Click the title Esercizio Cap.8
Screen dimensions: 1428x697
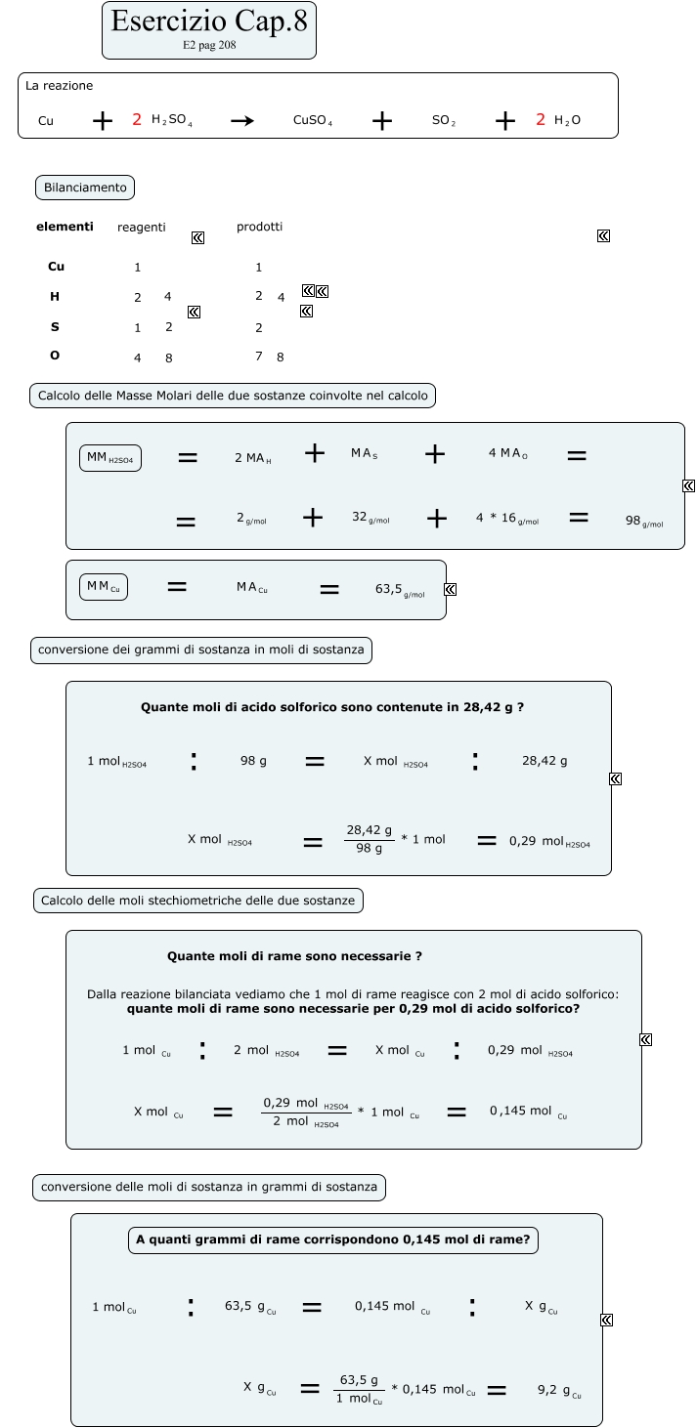209,21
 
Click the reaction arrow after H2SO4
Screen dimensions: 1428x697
242,121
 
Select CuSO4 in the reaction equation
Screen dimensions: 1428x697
313,121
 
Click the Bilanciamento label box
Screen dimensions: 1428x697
85,187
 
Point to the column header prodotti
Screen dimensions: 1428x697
259,227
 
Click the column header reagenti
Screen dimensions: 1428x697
142,228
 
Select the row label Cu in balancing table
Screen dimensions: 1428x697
56,267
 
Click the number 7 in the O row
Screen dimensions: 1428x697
259,357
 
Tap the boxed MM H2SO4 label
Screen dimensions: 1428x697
110,458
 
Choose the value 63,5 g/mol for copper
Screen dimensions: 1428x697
400,590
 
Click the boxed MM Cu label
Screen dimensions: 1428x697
104,586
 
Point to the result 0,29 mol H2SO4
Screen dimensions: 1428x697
548,841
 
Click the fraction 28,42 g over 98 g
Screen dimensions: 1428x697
369,839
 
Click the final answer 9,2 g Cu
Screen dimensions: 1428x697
560,1390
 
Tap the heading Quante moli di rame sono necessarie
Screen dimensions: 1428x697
294,956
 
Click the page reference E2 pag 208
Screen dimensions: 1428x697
209,45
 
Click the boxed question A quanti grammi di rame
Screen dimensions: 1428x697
333,1240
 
